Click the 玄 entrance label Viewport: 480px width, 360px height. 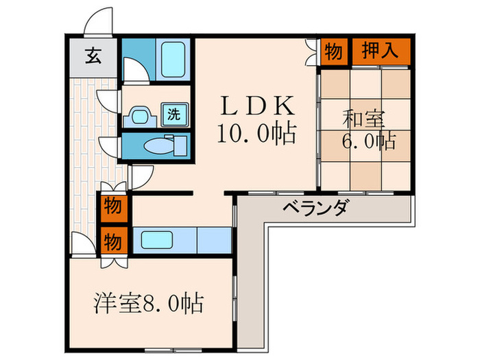click(93, 56)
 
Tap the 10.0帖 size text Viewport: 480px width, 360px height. click(256, 132)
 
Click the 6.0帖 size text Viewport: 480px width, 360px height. click(368, 142)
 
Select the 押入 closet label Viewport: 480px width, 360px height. click(380, 52)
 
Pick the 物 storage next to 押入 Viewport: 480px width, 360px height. click(334, 52)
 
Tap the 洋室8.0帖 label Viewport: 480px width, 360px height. click(150, 302)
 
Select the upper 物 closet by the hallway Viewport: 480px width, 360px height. click(113, 206)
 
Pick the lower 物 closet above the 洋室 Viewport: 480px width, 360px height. click(113, 242)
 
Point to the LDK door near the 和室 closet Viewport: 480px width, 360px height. click(311, 51)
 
